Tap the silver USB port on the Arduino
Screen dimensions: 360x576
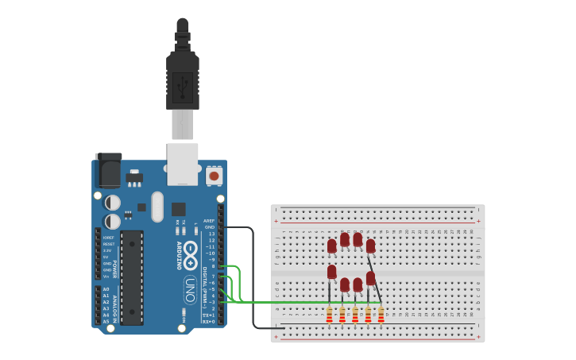(183, 163)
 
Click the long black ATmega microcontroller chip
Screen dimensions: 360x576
(132, 277)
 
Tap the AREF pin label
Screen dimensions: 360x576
(209, 221)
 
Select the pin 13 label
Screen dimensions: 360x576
(211, 234)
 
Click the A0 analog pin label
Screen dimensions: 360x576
(106, 289)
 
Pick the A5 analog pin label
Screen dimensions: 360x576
(106, 321)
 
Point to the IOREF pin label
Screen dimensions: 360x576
(108, 238)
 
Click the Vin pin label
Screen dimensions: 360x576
(107, 276)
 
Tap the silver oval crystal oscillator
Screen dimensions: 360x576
(157, 207)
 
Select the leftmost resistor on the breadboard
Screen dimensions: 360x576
(330, 315)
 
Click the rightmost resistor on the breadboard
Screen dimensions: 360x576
(381, 315)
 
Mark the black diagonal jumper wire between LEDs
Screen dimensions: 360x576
(375, 278)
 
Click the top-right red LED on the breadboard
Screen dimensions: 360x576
(370, 246)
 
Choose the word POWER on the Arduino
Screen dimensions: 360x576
(116, 269)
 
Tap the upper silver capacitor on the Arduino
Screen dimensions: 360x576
(113, 203)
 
